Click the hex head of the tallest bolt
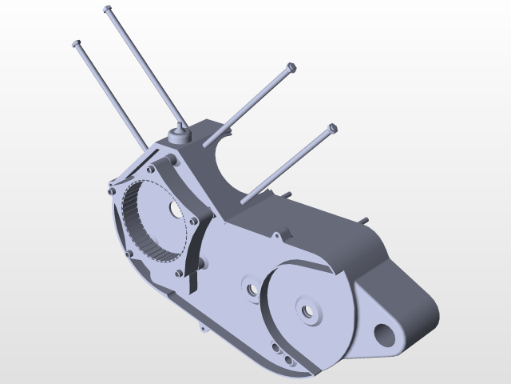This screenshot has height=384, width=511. [107, 10]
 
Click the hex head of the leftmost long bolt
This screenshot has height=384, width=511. [77, 43]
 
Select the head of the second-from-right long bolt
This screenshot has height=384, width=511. [291, 66]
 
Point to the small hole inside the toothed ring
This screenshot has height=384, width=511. [175, 208]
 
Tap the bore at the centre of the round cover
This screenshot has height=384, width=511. [306, 308]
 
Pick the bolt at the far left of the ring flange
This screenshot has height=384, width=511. [109, 191]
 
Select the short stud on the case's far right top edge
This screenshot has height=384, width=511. [363, 220]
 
